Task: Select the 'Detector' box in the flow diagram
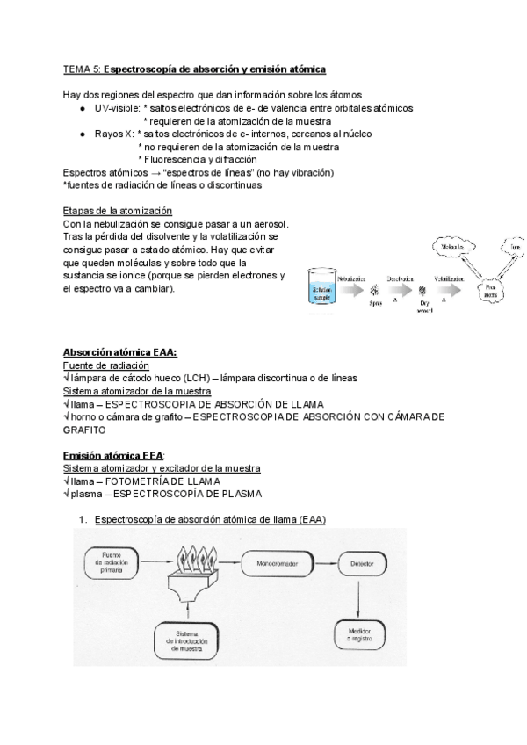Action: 358,561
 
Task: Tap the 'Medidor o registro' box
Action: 358,633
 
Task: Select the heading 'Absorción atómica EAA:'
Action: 119,352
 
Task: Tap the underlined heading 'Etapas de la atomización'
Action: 118,211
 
